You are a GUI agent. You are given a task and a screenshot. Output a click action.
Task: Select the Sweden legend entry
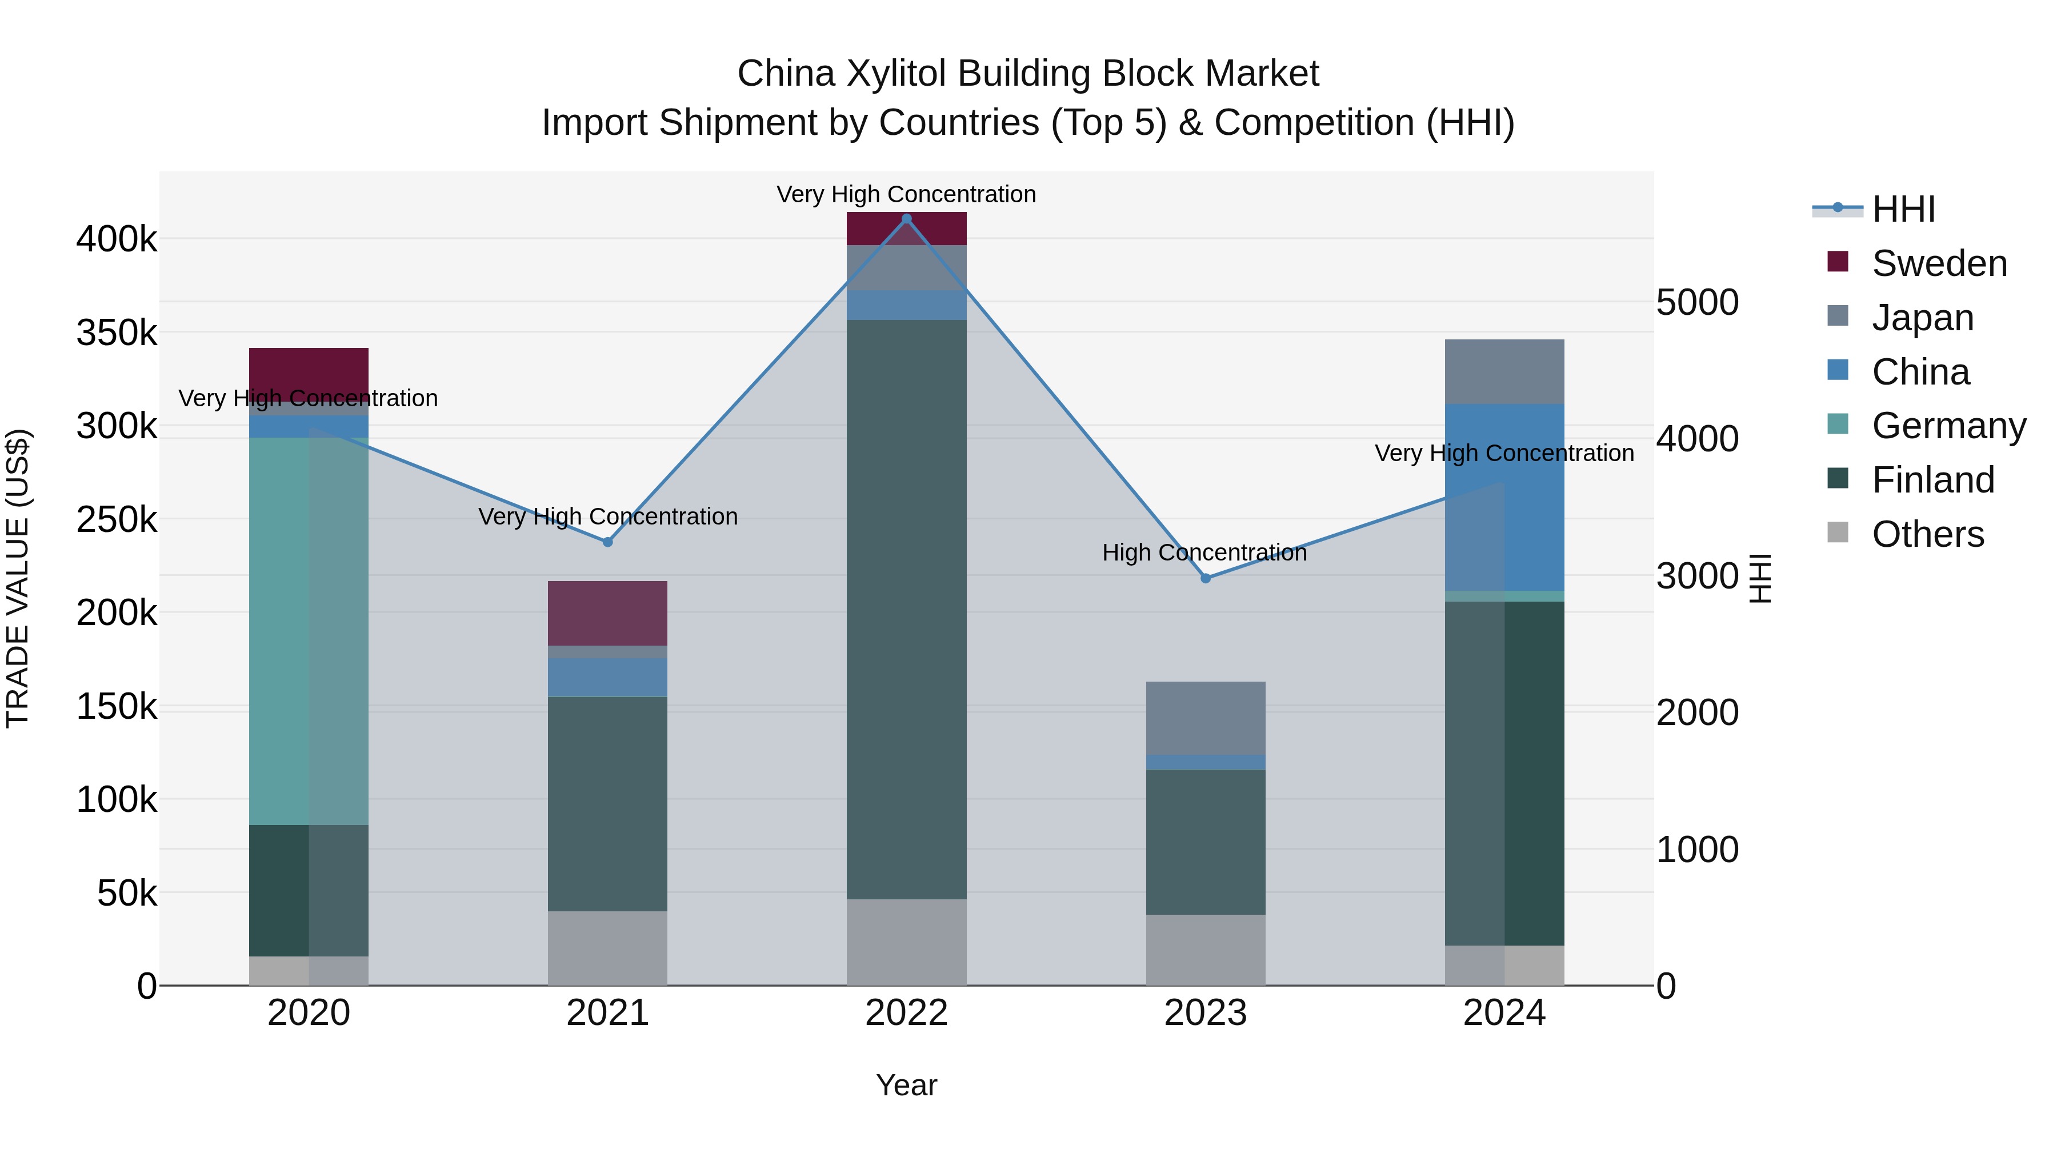(x=1939, y=263)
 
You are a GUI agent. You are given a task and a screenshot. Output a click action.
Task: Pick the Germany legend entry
(x=1948, y=426)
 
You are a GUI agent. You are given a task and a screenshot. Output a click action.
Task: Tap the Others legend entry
(x=1928, y=534)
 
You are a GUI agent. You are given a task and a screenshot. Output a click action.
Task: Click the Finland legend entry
(x=1932, y=480)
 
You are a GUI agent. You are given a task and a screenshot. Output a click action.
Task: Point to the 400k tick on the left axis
(x=117, y=239)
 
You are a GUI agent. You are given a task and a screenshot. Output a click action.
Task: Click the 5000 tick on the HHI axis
(x=1697, y=303)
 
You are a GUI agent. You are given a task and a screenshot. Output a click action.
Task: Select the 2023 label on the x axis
(x=1205, y=1013)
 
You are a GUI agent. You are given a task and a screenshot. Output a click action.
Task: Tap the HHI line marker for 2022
(x=906, y=219)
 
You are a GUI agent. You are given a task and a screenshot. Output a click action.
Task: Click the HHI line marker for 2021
(x=608, y=542)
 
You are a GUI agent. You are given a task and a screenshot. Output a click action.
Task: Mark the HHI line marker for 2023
(x=1206, y=578)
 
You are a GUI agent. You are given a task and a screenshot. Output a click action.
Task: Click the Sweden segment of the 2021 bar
(x=608, y=613)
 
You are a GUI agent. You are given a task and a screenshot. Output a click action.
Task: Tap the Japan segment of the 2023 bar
(x=1206, y=718)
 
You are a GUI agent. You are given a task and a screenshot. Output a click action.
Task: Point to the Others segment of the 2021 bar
(x=608, y=948)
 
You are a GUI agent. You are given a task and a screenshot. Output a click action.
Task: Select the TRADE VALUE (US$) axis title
(x=18, y=578)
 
